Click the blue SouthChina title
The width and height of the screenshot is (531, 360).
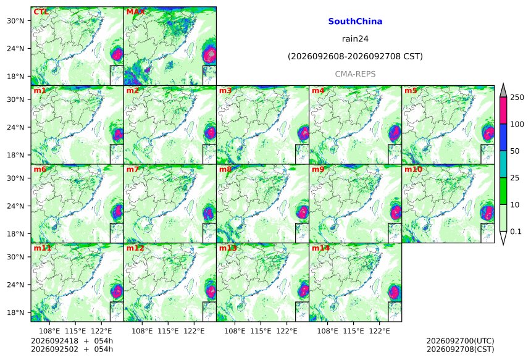tap(355, 22)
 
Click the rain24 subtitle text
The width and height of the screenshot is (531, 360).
tap(355, 39)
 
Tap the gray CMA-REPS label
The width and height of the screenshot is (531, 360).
tap(355, 74)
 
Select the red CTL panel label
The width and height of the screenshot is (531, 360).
tap(41, 12)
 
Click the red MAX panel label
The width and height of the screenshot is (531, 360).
tap(135, 12)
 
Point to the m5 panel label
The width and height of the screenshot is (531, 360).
tap(411, 91)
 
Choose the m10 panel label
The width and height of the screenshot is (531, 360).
tap(413, 169)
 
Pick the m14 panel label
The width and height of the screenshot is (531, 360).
tap(320, 248)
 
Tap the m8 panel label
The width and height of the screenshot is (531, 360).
tap(225, 169)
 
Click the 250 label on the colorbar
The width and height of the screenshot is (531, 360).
tap(517, 98)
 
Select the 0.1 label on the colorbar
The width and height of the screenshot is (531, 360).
tap(516, 232)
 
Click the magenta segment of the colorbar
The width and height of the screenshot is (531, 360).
tap(503, 111)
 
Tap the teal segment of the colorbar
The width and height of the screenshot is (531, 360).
tap(503, 164)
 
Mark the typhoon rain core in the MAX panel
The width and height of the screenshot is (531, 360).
tap(211, 54)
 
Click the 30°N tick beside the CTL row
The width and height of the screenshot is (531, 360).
tap(15, 20)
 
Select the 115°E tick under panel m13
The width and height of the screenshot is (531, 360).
tap(261, 331)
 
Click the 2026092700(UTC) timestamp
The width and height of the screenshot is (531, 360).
tap(460, 341)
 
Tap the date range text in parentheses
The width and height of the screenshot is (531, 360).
tap(355, 56)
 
